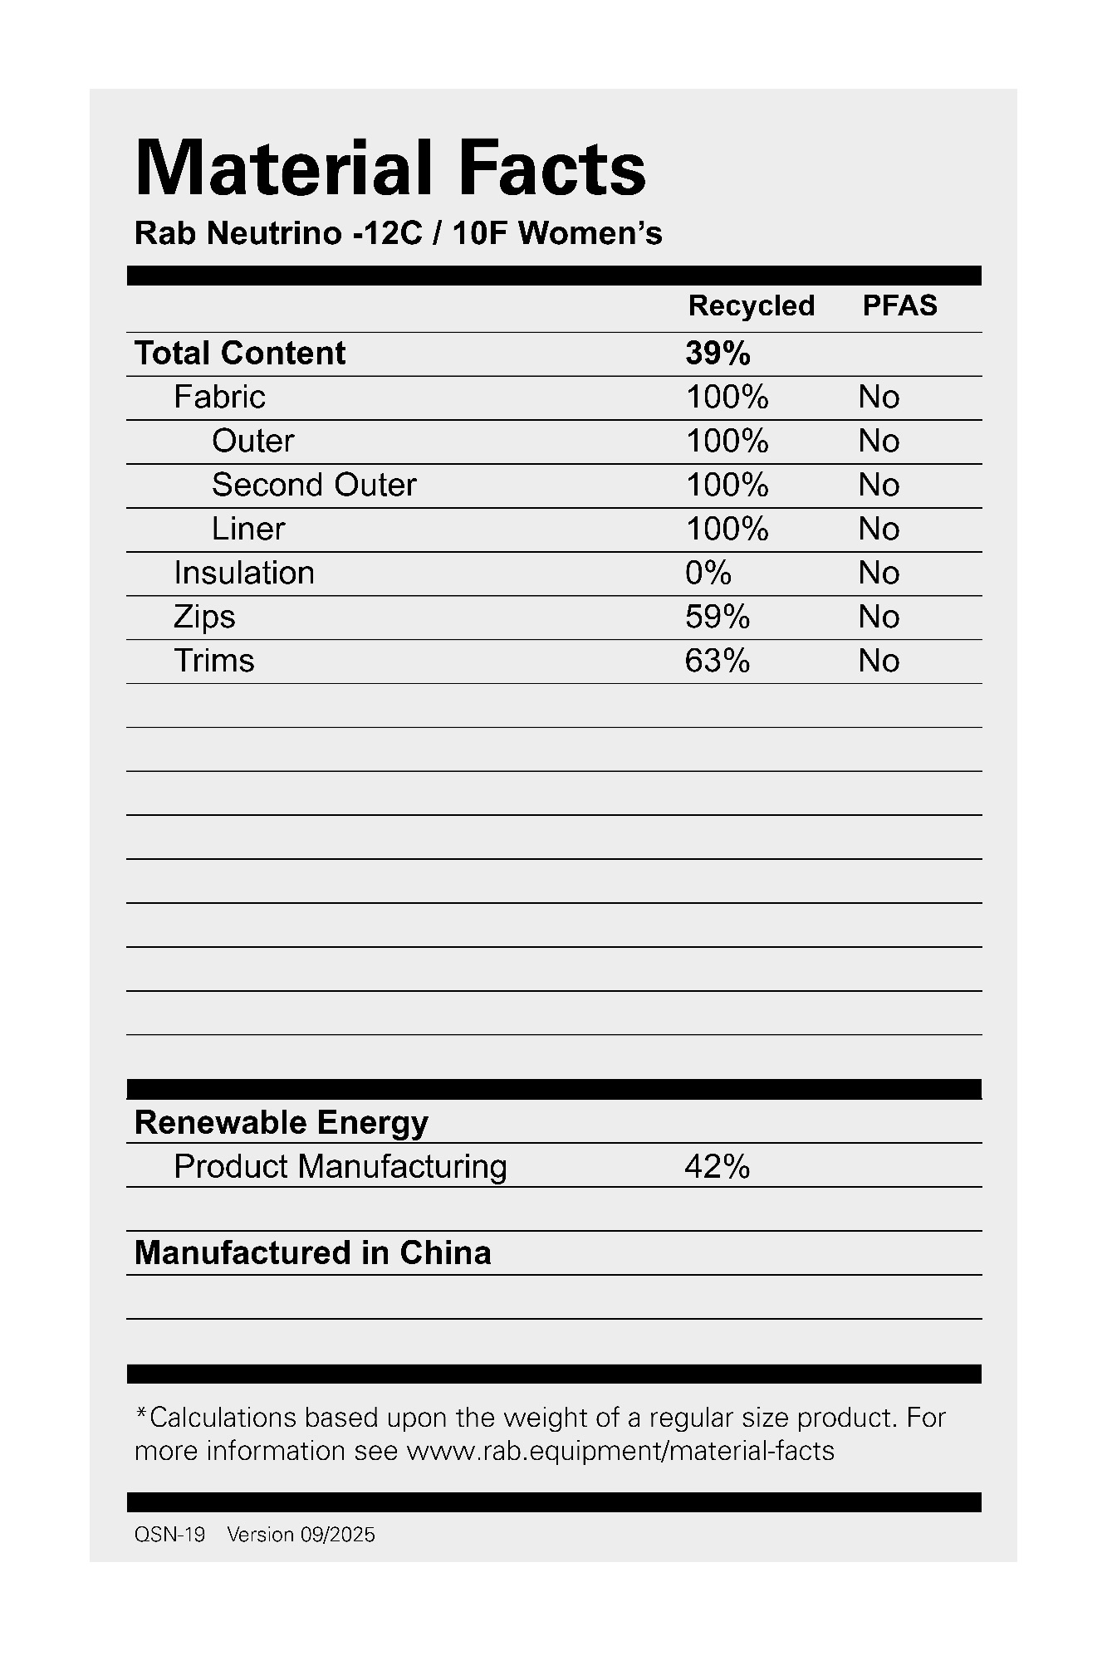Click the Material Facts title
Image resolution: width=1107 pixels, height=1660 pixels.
pos(389,168)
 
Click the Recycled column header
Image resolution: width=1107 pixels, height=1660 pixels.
pos(751,306)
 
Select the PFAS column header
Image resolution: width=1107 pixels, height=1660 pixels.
pos(899,306)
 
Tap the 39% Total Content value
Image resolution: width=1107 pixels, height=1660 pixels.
pos(718,354)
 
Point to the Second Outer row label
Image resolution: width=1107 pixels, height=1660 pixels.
pos(314,485)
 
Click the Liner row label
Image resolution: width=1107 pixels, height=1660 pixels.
pos(248,529)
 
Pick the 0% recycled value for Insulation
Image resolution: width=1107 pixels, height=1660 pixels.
pos(708,573)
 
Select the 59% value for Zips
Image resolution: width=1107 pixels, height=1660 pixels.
pos(717,617)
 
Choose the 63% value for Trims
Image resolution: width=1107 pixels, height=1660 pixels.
pos(717,661)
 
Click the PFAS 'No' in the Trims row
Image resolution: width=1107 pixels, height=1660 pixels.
pos(879,661)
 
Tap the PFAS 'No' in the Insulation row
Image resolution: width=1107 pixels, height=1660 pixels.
pos(879,573)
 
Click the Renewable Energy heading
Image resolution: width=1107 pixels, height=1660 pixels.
pos(282,1123)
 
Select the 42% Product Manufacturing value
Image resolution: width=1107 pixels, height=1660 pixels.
pos(717,1167)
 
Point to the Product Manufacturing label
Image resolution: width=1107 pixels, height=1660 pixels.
pos(340,1167)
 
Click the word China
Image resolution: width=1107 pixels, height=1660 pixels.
pos(445,1253)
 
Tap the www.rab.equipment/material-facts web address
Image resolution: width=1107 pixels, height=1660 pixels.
pos(620,1451)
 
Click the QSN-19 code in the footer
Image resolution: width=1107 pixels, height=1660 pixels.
pos(169,1535)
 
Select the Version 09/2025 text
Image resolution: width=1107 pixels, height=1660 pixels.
pos(301,1535)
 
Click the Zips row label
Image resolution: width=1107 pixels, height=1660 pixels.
pos(204,617)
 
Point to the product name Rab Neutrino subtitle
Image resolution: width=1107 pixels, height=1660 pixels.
pos(398,234)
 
